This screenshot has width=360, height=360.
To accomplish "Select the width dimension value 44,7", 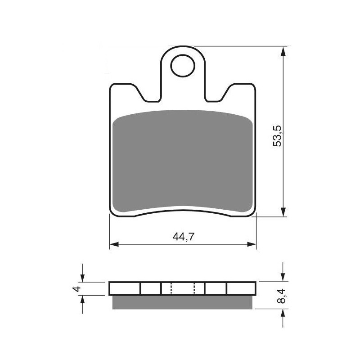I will pos(183,238).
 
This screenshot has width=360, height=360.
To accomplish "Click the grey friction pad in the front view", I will pos(183,162).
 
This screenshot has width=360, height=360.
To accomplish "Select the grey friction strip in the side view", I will pos(183,302).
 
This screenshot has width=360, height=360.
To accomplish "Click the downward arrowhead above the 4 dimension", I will pos(82,278).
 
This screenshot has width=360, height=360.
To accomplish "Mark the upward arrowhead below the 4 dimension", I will pos(82,299).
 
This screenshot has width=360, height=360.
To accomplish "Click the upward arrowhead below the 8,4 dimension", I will pos(283,313).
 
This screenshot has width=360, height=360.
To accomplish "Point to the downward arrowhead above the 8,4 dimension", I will pos(283,278).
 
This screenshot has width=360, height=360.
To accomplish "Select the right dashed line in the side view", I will pos(194,288).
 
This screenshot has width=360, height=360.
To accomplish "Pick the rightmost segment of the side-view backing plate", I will pos(241,288).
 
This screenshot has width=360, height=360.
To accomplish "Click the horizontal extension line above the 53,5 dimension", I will pos(238,46).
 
